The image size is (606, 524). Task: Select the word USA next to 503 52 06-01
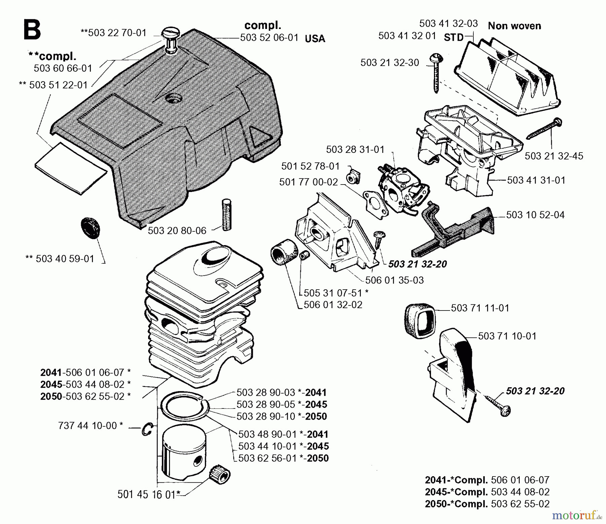(x=315, y=39)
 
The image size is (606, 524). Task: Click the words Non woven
(x=514, y=26)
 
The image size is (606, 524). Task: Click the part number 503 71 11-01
(x=480, y=308)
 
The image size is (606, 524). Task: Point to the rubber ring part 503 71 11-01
(x=418, y=320)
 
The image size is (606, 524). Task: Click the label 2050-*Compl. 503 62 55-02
(x=487, y=504)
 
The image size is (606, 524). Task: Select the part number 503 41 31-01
(x=536, y=180)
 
